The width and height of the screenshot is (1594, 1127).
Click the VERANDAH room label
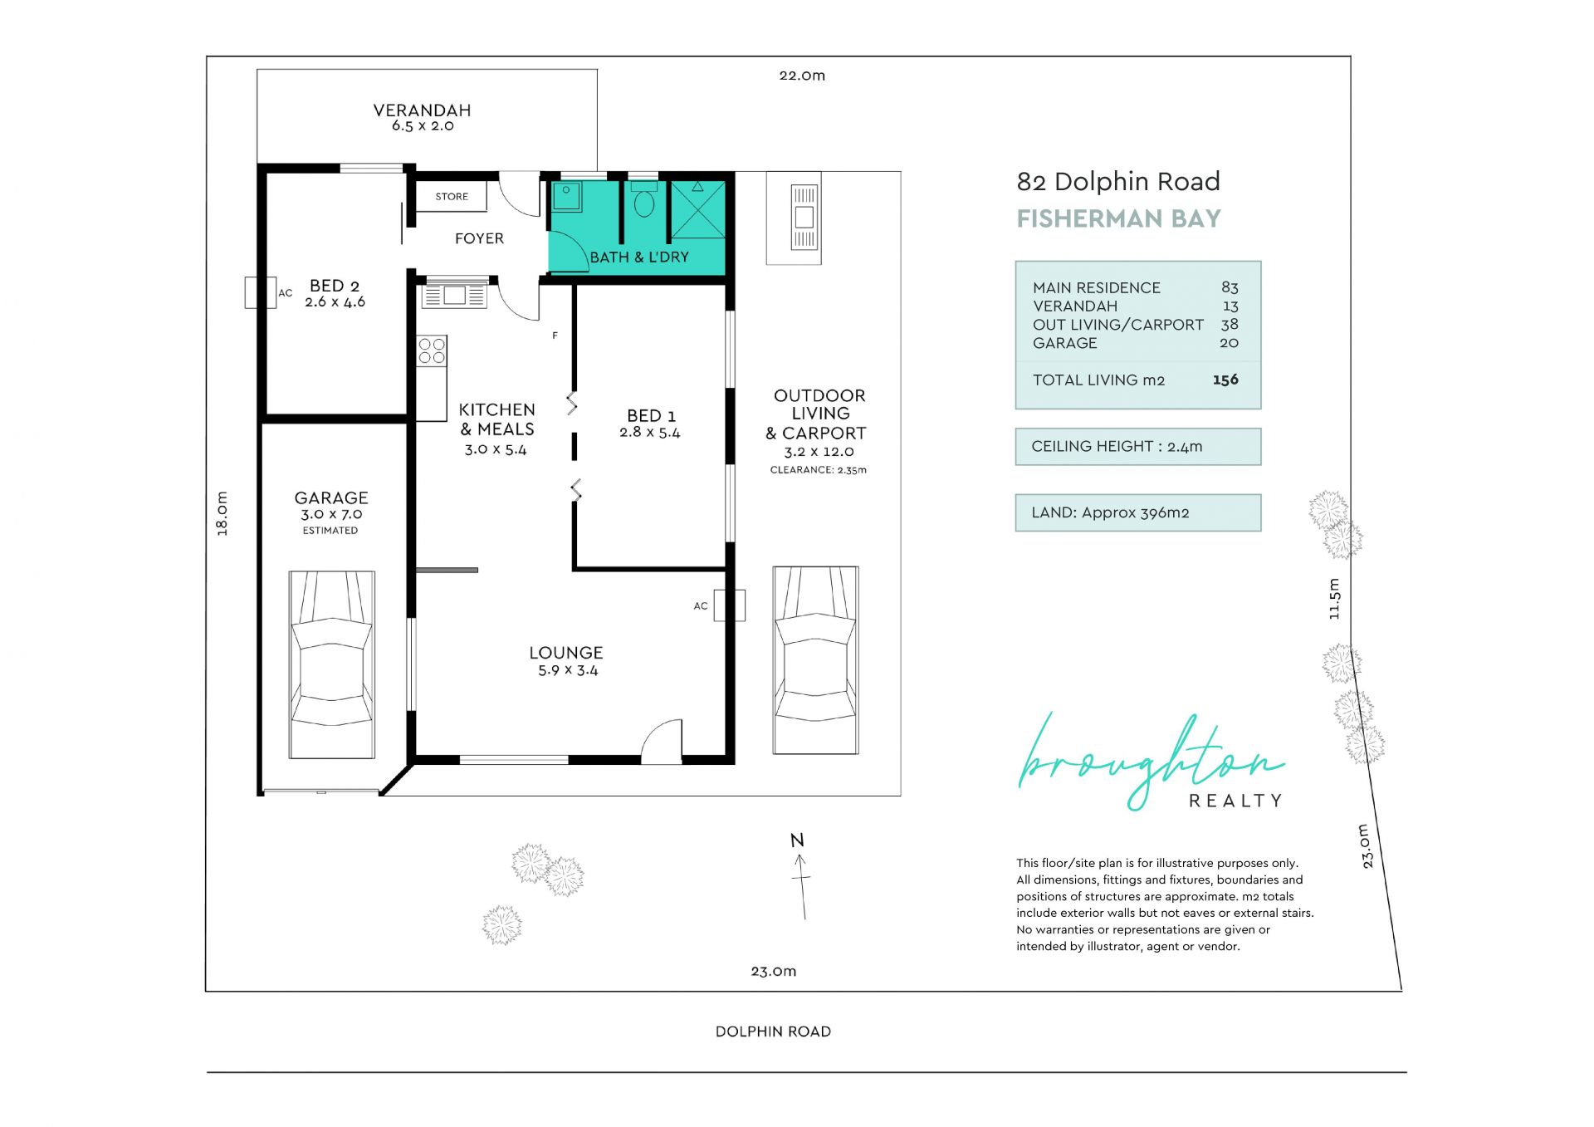422,110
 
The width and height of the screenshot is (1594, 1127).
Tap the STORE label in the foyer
452,197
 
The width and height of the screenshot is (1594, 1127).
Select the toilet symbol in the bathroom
644,200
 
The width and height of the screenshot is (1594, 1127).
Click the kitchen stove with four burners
432,350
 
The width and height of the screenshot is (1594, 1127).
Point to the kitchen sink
453,295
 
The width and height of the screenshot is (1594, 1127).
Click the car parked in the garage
332,664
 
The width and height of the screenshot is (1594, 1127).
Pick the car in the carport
815,660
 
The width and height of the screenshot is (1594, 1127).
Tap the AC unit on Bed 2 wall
260,292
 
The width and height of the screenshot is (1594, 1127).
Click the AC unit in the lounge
729,605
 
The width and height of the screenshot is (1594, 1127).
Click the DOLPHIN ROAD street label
773,1031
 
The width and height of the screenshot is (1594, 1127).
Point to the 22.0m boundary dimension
802,76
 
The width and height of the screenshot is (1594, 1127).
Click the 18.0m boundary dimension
222,513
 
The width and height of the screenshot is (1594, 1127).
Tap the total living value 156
1225,380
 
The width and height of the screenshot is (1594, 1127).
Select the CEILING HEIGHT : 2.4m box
1138,447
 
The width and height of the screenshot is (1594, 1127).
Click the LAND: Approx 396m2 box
1138,512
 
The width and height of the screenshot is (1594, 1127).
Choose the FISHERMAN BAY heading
1119,218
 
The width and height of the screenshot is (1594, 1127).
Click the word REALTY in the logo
1236,801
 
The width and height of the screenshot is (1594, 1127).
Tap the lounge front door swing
662,741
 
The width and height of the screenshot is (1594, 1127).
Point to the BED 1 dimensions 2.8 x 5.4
650,433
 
